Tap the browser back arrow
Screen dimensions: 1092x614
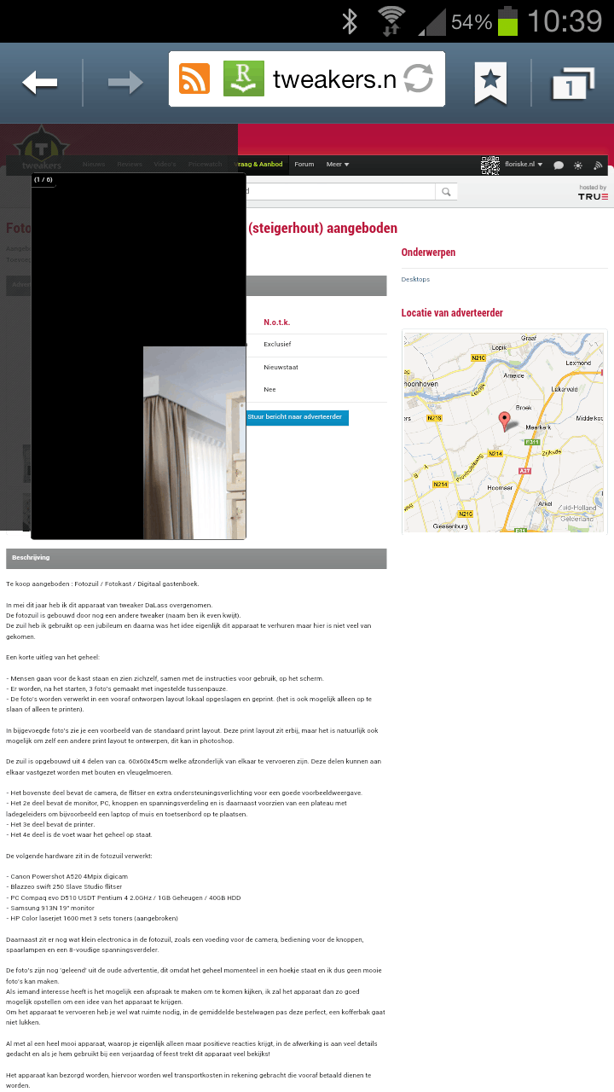click(x=40, y=83)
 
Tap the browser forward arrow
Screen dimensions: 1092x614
click(x=125, y=83)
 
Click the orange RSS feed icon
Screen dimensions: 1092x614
click(x=194, y=79)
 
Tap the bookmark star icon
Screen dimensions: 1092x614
click(x=490, y=82)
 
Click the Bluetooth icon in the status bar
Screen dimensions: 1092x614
click(x=349, y=21)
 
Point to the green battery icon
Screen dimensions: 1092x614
click(x=507, y=21)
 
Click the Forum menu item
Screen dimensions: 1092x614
click(x=304, y=165)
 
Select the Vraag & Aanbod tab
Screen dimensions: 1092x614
click(x=259, y=165)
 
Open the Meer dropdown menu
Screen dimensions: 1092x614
click(x=338, y=165)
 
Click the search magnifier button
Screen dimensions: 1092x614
click(x=446, y=192)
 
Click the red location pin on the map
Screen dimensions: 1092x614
click(x=504, y=420)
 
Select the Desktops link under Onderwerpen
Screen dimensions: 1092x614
click(x=415, y=280)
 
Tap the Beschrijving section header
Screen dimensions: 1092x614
click(x=31, y=558)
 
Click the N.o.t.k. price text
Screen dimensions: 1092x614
click(x=276, y=322)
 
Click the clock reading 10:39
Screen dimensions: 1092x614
click(x=565, y=21)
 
